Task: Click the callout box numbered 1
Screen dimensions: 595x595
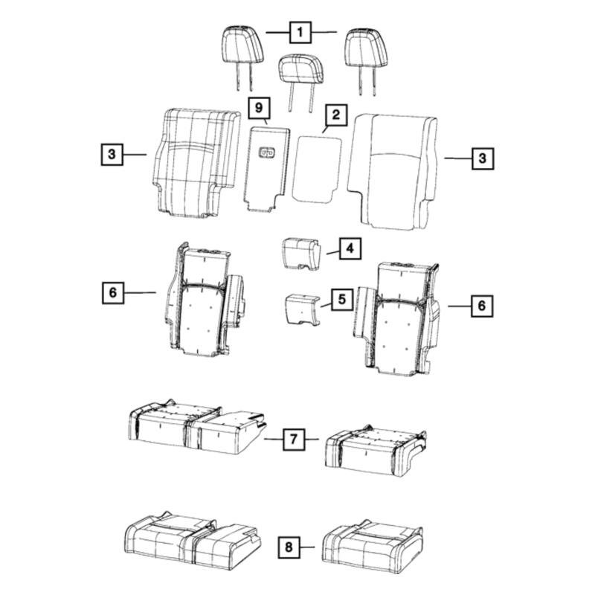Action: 300,32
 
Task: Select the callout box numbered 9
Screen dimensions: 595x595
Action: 258,108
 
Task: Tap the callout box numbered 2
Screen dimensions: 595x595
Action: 336,115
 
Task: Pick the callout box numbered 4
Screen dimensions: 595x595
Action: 350,248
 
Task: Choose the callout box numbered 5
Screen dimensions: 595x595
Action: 342,300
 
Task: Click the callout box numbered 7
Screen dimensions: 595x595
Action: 294,439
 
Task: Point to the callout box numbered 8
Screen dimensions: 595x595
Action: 289,547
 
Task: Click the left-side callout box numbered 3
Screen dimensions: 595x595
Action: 112,154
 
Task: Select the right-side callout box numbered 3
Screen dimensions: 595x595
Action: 483,158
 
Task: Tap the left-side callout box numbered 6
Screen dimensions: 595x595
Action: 113,292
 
